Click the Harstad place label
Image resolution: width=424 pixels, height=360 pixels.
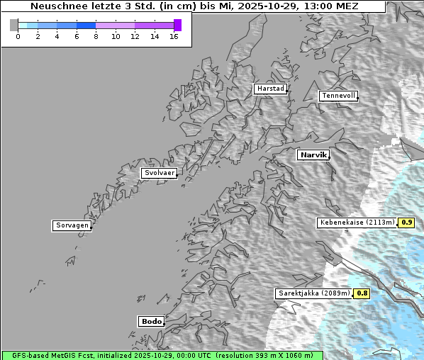coord(270,89)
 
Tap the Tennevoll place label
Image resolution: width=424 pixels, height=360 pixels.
coord(338,96)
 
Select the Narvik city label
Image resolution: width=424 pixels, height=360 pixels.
coord(313,154)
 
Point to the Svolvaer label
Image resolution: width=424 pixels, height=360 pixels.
coord(158,173)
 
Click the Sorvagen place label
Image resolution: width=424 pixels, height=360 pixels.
coord(72,225)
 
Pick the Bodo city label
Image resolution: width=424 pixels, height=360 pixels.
coord(151,321)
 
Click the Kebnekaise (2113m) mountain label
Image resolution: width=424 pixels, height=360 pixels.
coord(357,223)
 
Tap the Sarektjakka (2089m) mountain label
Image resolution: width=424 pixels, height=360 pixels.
coord(313,293)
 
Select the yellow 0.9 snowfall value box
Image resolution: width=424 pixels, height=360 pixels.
coord(406,223)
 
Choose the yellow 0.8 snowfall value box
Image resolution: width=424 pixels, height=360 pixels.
coord(362,293)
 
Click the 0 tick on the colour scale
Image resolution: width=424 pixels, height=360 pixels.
coord(18,36)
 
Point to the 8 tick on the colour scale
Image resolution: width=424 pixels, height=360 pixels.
coord(96,36)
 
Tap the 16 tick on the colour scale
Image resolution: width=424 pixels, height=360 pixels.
coord(174,36)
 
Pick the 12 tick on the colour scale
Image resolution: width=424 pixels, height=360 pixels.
coord(135,36)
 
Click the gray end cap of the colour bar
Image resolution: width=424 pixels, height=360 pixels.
coord(14,25)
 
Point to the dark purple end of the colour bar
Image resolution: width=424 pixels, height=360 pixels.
coord(177,25)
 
